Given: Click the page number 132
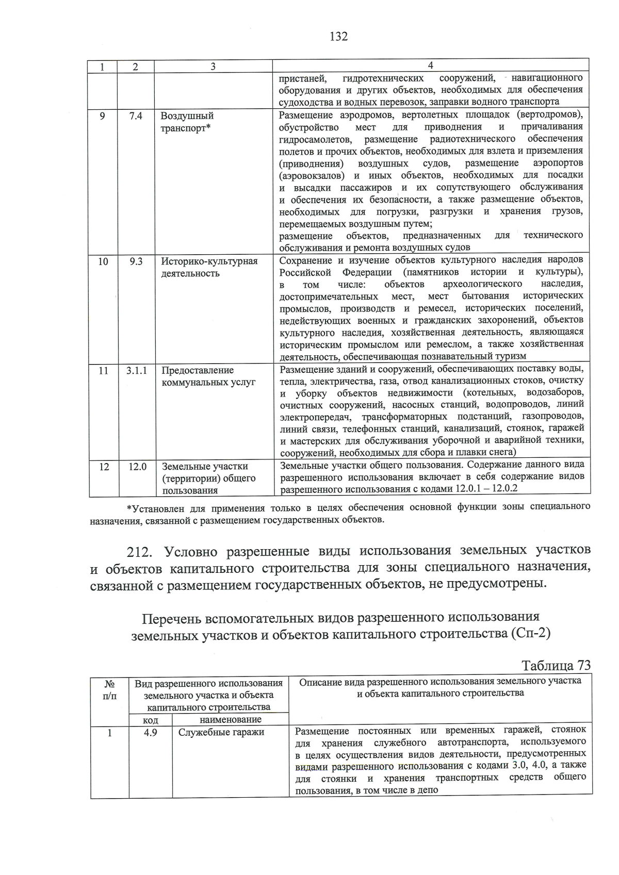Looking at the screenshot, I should pos(338,36).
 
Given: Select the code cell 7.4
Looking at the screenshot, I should pos(136,116).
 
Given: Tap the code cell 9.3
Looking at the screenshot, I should pos(136,261).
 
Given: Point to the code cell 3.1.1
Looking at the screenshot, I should pos(137,370).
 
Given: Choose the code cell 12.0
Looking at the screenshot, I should pos(137,467).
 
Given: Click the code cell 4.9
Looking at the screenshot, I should pos(150,732).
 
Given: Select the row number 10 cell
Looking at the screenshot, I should pos(103,261).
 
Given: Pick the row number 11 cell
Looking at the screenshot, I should pos(103,370).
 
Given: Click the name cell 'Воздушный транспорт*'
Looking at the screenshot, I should pos(187,122).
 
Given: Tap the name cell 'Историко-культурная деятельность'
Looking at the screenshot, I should pos(209,267).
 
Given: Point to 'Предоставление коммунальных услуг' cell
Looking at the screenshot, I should pos(208,376).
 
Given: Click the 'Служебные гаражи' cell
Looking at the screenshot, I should pos(221,732).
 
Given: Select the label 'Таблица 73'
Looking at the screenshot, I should pos(556,665).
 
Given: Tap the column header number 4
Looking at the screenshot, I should pos(430,65).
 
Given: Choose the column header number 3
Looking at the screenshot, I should pos(213,67).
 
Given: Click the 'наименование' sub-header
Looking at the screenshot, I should pos(231,719).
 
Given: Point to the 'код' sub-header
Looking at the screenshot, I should pos(150,720).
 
